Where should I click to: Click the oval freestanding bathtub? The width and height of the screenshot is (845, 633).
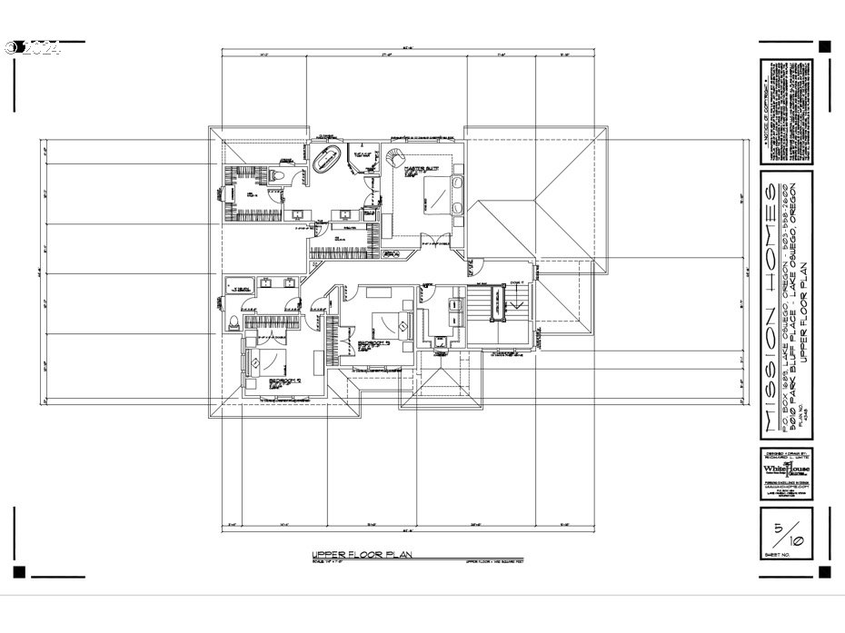point(325,161)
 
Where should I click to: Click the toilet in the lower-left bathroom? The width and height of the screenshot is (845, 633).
point(233,319)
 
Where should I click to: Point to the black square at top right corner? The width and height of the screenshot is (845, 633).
point(824,46)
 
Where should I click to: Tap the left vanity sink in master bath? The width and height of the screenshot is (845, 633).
point(298,215)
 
